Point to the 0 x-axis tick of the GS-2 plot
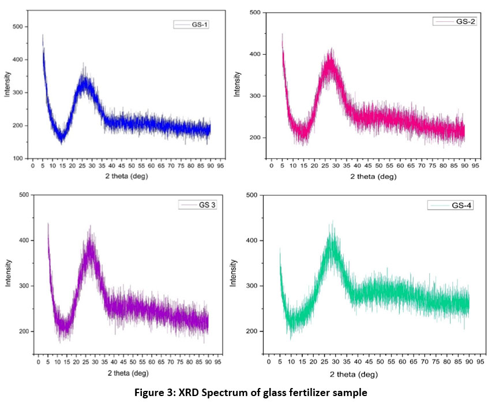tap(272, 165)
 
